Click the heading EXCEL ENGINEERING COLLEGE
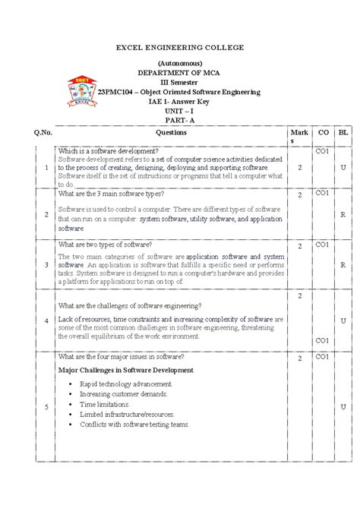(179, 47)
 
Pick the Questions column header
(170, 132)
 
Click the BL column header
(343, 132)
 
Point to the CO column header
(323, 132)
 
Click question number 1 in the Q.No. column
(47, 168)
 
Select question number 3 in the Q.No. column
(47, 264)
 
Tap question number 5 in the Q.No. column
(47, 407)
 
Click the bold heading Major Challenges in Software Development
(125, 370)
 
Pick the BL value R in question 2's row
(343, 215)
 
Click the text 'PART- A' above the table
(179, 119)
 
